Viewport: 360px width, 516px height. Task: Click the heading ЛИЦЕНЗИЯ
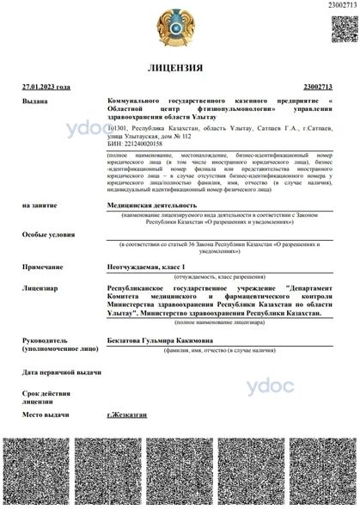coord(179,67)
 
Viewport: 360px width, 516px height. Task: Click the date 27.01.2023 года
coord(46,88)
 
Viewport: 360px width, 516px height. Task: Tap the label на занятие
coord(40,206)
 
